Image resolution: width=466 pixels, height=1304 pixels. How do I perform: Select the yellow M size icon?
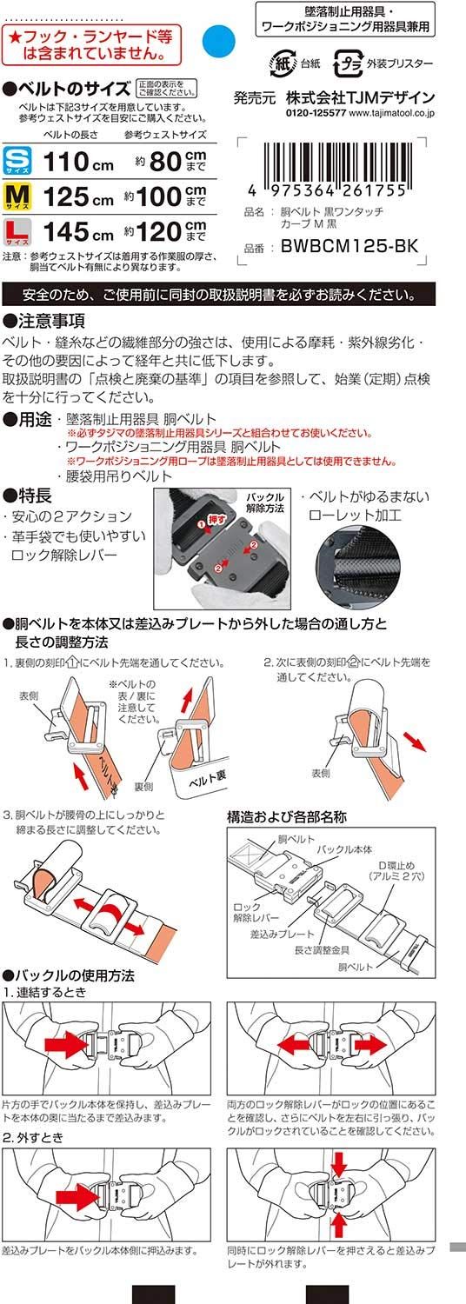tap(17, 196)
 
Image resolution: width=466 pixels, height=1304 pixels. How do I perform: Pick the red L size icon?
tap(17, 232)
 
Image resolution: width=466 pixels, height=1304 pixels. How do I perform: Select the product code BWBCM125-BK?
tap(349, 247)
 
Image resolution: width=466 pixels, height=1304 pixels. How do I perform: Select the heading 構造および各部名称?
tap(286, 816)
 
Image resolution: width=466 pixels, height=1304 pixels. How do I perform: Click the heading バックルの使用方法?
tap(74, 976)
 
